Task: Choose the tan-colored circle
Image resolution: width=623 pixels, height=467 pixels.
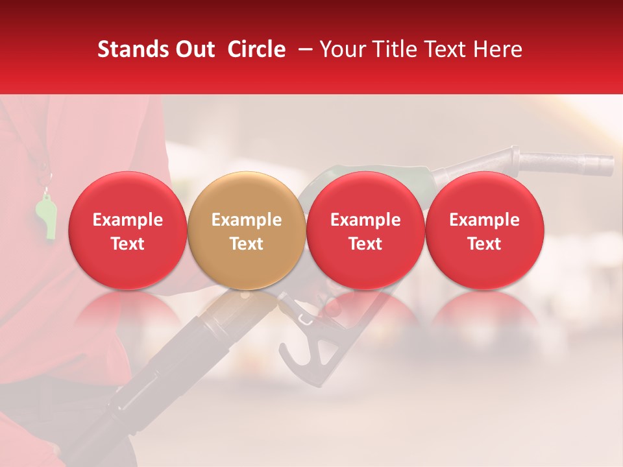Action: click(247, 231)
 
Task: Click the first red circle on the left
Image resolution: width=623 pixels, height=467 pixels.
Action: click(128, 231)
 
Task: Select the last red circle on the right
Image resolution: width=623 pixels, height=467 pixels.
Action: click(485, 231)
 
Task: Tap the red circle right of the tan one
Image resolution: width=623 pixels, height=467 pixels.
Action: click(365, 231)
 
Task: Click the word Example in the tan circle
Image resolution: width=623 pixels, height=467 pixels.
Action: click(247, 220)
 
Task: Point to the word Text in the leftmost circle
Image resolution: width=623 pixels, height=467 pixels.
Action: click(128, 244)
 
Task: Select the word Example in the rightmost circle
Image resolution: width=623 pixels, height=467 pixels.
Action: click(485, 220)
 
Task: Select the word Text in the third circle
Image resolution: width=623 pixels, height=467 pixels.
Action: click(365, 244)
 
